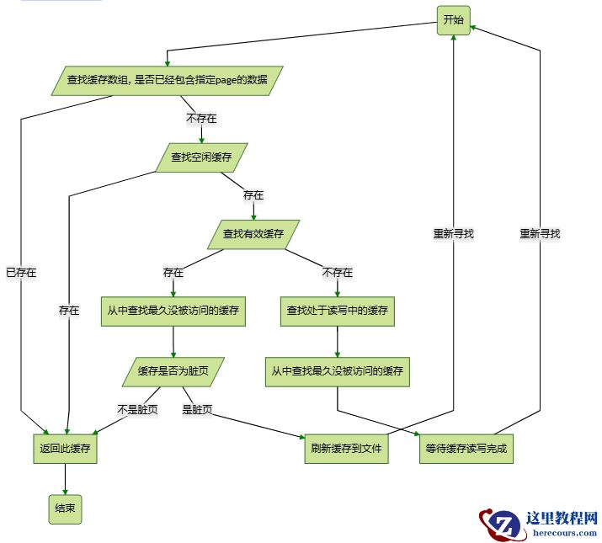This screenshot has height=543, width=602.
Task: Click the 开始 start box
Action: [453, 20]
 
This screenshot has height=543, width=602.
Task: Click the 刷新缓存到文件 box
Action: [345, 449]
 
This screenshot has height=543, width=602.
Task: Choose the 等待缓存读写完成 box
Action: [466, 449]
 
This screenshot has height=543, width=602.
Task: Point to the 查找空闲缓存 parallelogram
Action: [201, 157]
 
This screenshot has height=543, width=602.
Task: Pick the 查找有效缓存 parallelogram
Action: [253, 234]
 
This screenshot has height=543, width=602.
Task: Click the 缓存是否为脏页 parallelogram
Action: [173, 371]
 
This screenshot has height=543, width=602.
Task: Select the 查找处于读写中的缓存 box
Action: [337, 311]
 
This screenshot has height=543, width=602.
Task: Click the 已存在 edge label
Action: [21, 273]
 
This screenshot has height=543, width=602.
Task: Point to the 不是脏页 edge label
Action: [137, 410]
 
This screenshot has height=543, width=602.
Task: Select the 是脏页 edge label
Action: [197, 410]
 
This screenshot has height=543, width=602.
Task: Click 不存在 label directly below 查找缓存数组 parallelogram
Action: [201, 119]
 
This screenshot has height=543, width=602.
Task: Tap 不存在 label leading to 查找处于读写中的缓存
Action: [337, 273]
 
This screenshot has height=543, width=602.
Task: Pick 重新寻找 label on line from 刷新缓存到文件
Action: [454, 234]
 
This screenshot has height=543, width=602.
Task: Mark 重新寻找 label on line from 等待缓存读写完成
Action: [540, 234]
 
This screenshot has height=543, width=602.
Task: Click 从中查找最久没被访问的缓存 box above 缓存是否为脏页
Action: [173, 311]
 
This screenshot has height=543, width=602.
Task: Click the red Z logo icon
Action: [498, 524]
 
